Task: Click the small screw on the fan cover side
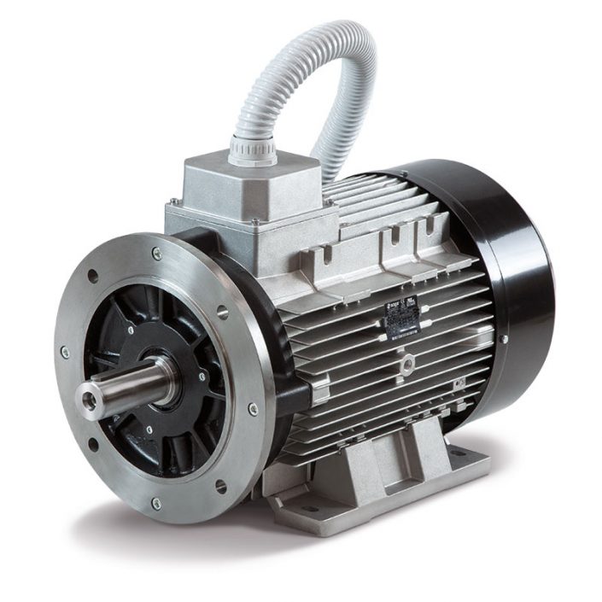(505, 339)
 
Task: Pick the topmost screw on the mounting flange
(156, 254)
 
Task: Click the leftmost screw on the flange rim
(65, 352)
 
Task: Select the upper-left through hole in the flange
(92, 276)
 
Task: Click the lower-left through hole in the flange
(93, 444)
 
